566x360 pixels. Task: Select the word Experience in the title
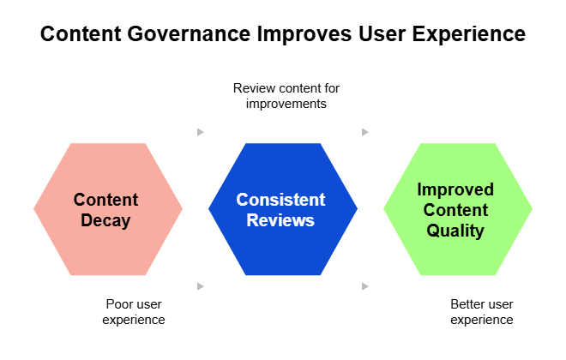(471, 35)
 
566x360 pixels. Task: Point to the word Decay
(105, 220)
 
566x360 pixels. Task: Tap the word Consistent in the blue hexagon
(281, 200)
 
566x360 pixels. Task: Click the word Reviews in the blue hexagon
(281, 220)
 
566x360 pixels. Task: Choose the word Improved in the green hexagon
(455, 189)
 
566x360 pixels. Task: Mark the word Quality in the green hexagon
(455, 231)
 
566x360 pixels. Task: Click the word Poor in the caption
(119, 304)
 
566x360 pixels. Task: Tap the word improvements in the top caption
(286, 104)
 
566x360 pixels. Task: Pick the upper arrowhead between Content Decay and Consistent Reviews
(201, 132)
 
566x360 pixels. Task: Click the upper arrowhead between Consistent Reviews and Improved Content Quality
(365, 132)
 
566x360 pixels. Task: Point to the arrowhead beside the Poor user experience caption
(201, 285)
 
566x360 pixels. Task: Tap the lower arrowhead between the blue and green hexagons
(365, 285)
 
